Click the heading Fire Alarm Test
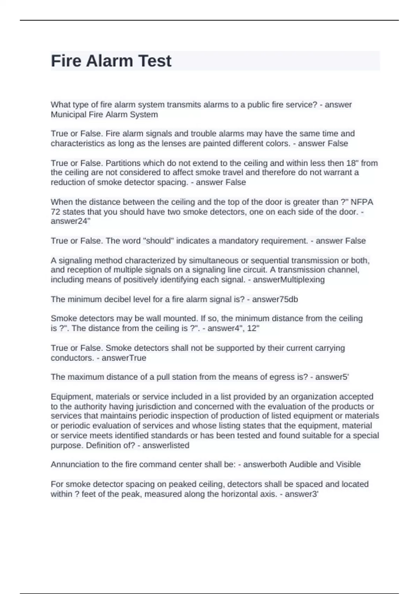coord(111,61)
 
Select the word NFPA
coord(362,202)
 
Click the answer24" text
coord(70,221)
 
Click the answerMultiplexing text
coord(289,280)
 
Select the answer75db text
coord(275,299)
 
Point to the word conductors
coord(71,358)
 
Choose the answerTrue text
coord(124,358)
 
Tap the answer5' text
coord(332,377)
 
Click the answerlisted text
coord(166,445)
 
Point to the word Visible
coord(348,464)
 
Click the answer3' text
coord(302,494)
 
